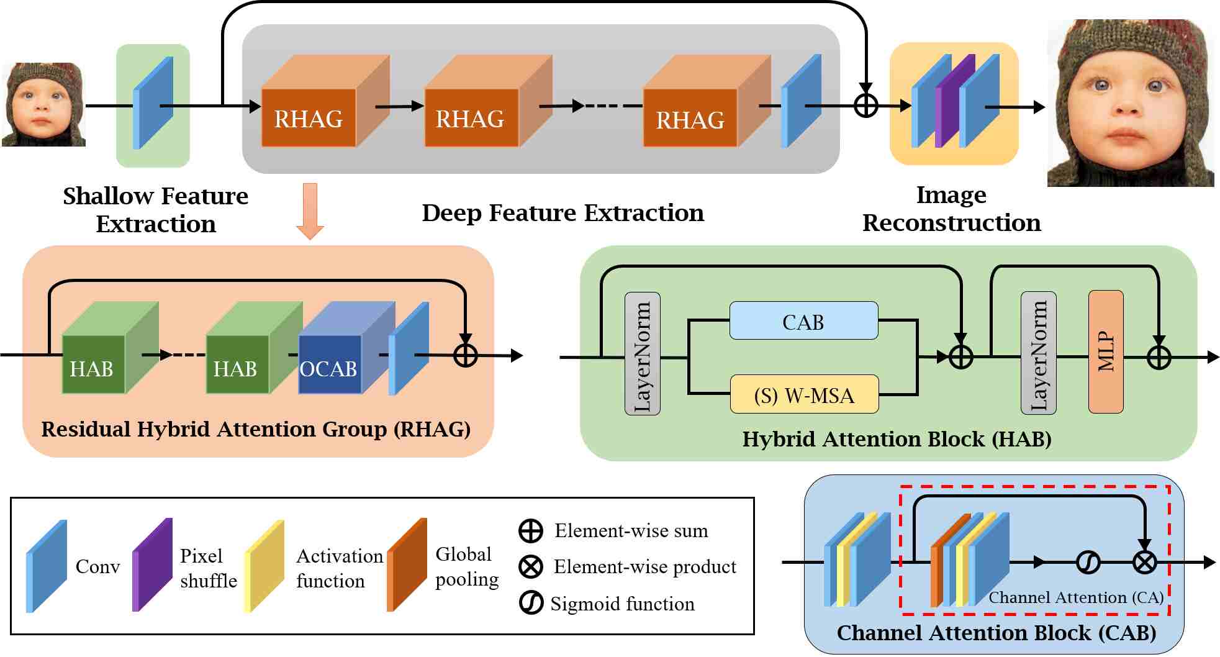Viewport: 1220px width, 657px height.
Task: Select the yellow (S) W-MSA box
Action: pyautogui.click(x=804, y=394)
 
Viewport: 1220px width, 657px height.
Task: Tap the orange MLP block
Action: pyautogui.click(x=1106, y=351)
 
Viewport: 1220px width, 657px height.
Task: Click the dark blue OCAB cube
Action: pyautogui.click(x=329, y=365)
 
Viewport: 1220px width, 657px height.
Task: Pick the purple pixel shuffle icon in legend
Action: pyautogui.click(x=152, y=565)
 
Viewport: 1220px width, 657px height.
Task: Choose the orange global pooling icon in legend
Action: pyautogui.click(x=407, y=565)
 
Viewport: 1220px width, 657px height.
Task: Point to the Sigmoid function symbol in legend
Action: pyautogui.click(x=531, y=603)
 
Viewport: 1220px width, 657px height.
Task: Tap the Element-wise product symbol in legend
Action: pyautogui.click(x=530, y=566)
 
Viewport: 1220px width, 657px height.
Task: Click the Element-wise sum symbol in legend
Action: pyautogui.click(x=530, y=531)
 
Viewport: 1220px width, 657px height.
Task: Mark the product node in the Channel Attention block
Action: pyautogui.click(x=1144, y=563)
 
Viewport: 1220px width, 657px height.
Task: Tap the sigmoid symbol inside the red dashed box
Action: pyautogui.click(x=1088, y=563)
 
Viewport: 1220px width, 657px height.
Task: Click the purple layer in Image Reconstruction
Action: pyautogui.click(x=954, y=101)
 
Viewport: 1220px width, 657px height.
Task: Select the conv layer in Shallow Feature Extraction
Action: pyautogui.click(x=153, y=103)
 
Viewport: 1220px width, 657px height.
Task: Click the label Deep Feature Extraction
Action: pyautogui.click(x=563, y=213)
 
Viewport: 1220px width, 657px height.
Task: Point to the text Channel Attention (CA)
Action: pyautogui.click(x=1075, y=597)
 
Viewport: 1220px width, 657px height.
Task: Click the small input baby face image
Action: pyautogui.click(x=43, y=104)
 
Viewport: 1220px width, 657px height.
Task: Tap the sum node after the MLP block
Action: pyautogui.click(x=1159, y=357)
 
